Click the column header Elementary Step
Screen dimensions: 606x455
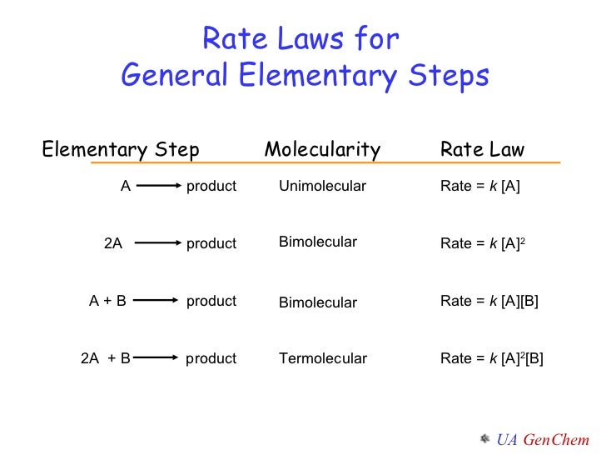(121, 150)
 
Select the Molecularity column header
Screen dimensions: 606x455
(322, 150)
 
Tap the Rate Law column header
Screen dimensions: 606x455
(482, 150)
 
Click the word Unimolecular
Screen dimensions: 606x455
(322, 186)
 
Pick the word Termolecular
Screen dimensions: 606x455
(323, 358)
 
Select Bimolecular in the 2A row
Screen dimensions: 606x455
(318, 242)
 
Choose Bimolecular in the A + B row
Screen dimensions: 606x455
(318, 302)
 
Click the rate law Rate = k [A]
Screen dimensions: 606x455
(480, 186)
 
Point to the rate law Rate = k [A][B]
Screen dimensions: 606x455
(489, 301)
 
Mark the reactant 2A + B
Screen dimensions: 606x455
(106, 358)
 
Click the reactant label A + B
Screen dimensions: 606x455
(107, 301)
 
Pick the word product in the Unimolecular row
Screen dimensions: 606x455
(211, 186)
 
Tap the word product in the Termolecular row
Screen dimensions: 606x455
(211, 358)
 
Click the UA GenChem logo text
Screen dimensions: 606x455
(543, 439)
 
